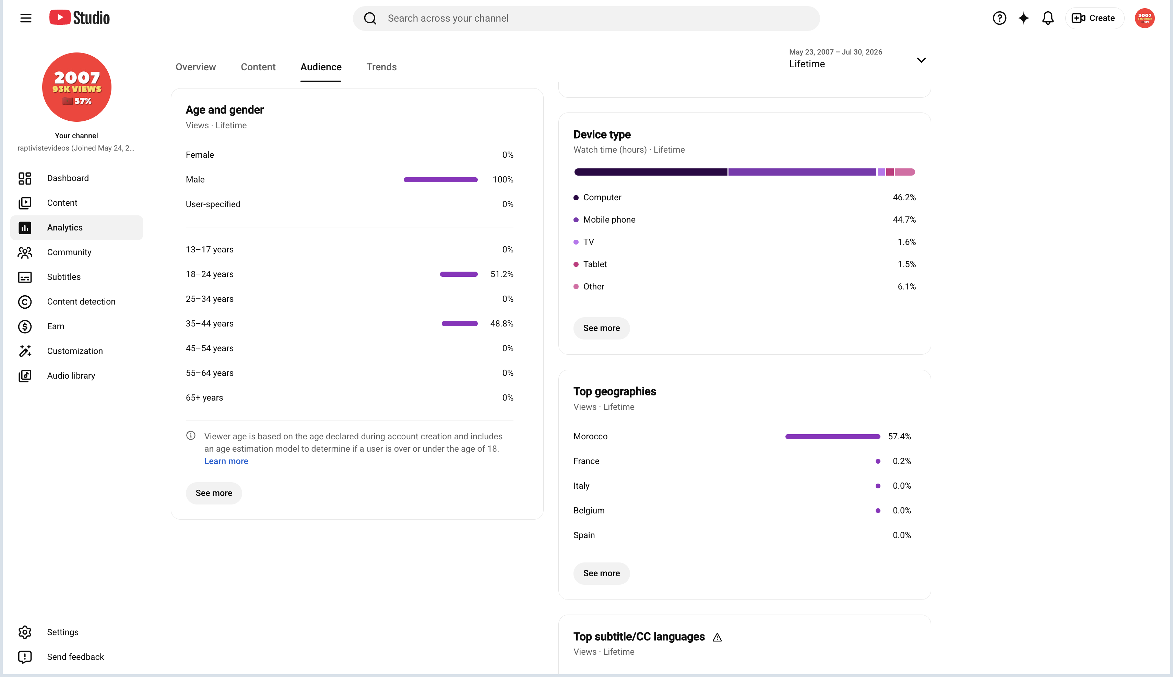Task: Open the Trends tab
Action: [x=381, y=67]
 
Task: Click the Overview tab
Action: [x=196, y=67]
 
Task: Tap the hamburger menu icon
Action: [x=26, y=18]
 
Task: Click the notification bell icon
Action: [x=1047, y=18]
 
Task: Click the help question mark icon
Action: [x=999, y=18]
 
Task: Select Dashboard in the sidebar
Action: [x=68, y=178]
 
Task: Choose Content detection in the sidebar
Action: [x=81, y=302]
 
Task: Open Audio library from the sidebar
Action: [x=71, y=376]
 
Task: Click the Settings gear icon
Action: [x=25, y=632]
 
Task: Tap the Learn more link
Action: [x=226, y=461]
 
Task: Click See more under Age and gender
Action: [x=214, y=493]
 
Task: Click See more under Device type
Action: [x=601, y=328]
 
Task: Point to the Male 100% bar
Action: [x=440, y=179]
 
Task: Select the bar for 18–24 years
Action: [x=459, y=274]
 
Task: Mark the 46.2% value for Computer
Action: [x=904, y=198]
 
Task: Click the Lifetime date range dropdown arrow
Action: [x=921, y=60]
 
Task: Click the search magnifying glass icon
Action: [x=370, y=19]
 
